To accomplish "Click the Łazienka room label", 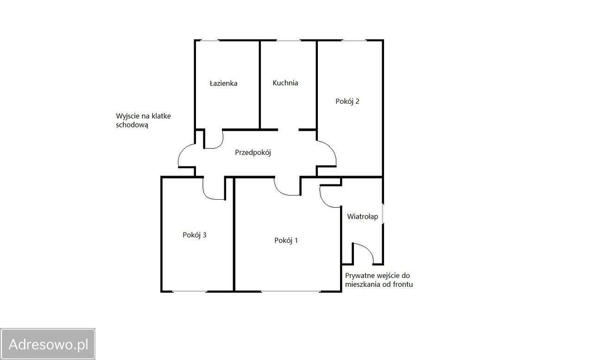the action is pyautogui.click(x=223, y=83).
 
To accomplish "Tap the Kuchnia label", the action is pyautogui.click(x=285, y=83).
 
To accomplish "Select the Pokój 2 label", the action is pyautogui.click(x=347, y=101).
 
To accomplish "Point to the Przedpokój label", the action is pyautogui.click(x=253, y=152).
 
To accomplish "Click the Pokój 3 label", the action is pyautogui.click(x=194, y=235).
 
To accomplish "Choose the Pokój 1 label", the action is pyautogui.click(x=286, y=240).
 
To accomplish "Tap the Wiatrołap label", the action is pyautogui.click(x=362, y=216).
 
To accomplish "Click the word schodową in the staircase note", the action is pyautogui.click(x=132, y=125).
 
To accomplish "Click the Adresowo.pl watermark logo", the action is pyautogui.click(x=48, y=344).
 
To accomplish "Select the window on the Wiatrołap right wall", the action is pyautogui.click(x=383, y=214).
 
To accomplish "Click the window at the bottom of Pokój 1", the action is pyautogui.click(x=290, y=291).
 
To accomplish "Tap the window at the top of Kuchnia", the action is pyautogui.click(x=288, y=40).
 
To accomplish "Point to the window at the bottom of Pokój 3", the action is pyautogui.click(x=189, y=291).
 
